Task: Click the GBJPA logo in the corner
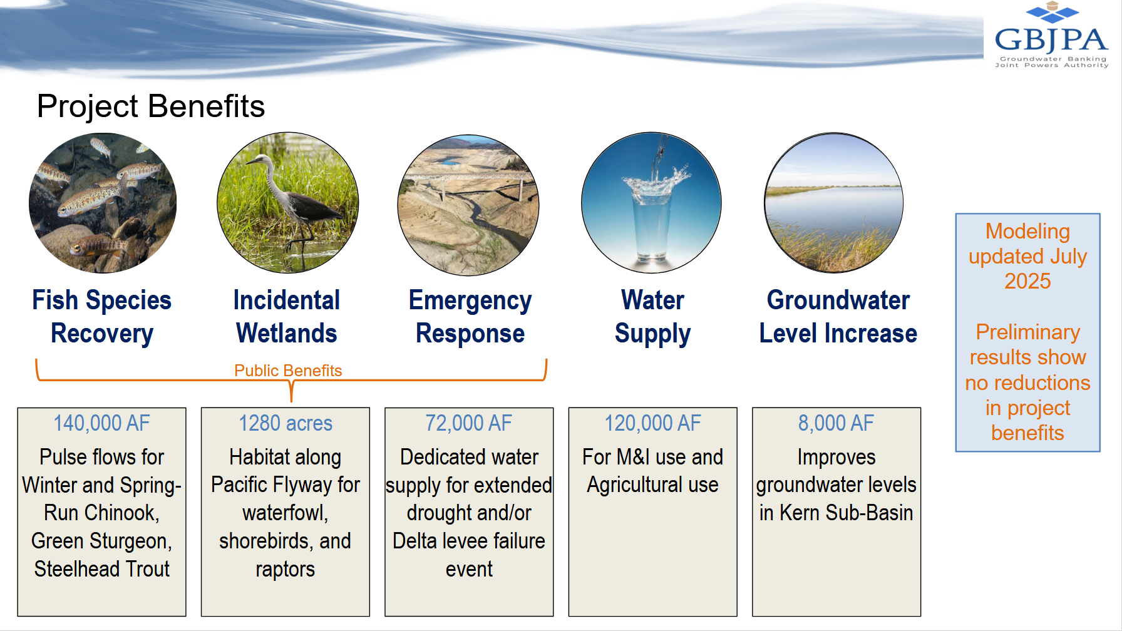click(1051, 35)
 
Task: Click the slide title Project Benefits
click(151, 106)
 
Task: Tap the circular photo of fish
click(103, 203)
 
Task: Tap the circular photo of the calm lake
click(834, 203)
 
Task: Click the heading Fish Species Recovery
click(102, 317)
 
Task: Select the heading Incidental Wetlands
click(287, 317)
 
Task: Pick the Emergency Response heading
click(470, 317)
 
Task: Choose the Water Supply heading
click(652, 317)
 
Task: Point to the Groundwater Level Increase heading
click(838, 317)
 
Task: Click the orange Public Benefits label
click(288, 371)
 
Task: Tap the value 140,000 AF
click(101, 423)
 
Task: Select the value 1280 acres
click(286, 423)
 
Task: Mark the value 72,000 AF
click(469, 423)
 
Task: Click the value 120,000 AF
click(652, 423)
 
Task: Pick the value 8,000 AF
click(836, 423)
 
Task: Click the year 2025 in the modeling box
click(1027, 281)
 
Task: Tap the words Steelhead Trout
click(102, 569)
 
